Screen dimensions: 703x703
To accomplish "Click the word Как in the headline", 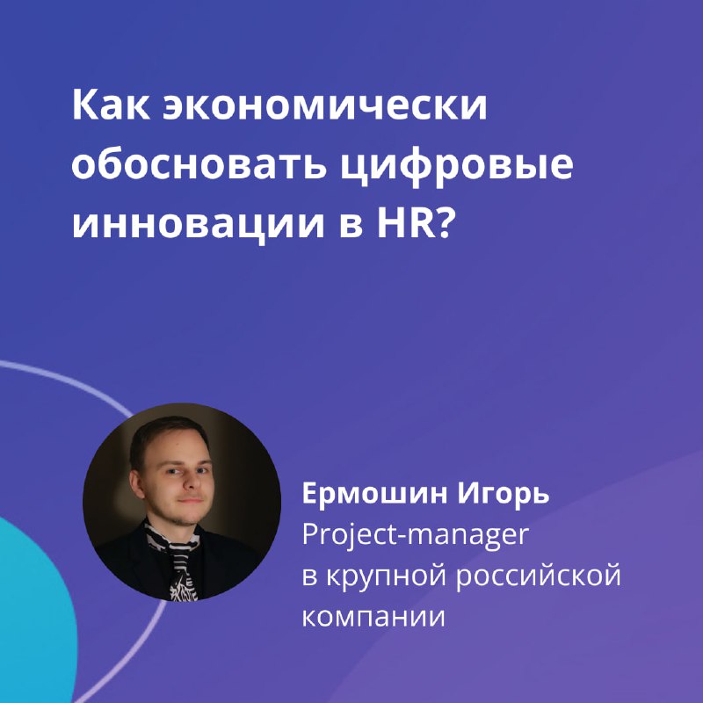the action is [111, 106].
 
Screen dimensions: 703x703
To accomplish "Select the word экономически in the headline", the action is [325, 106].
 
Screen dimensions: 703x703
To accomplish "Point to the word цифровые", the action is [456, 167].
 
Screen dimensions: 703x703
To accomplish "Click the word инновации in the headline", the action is [198, 222].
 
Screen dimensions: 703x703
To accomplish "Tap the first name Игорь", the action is [504, 494].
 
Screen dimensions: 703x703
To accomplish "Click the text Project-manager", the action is [416, 535].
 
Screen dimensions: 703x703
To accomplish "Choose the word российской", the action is [539, 575].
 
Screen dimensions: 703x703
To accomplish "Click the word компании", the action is [373, 617].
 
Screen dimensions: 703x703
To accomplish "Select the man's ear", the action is [137, 484].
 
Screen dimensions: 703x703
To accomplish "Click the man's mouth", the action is [192, 501].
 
